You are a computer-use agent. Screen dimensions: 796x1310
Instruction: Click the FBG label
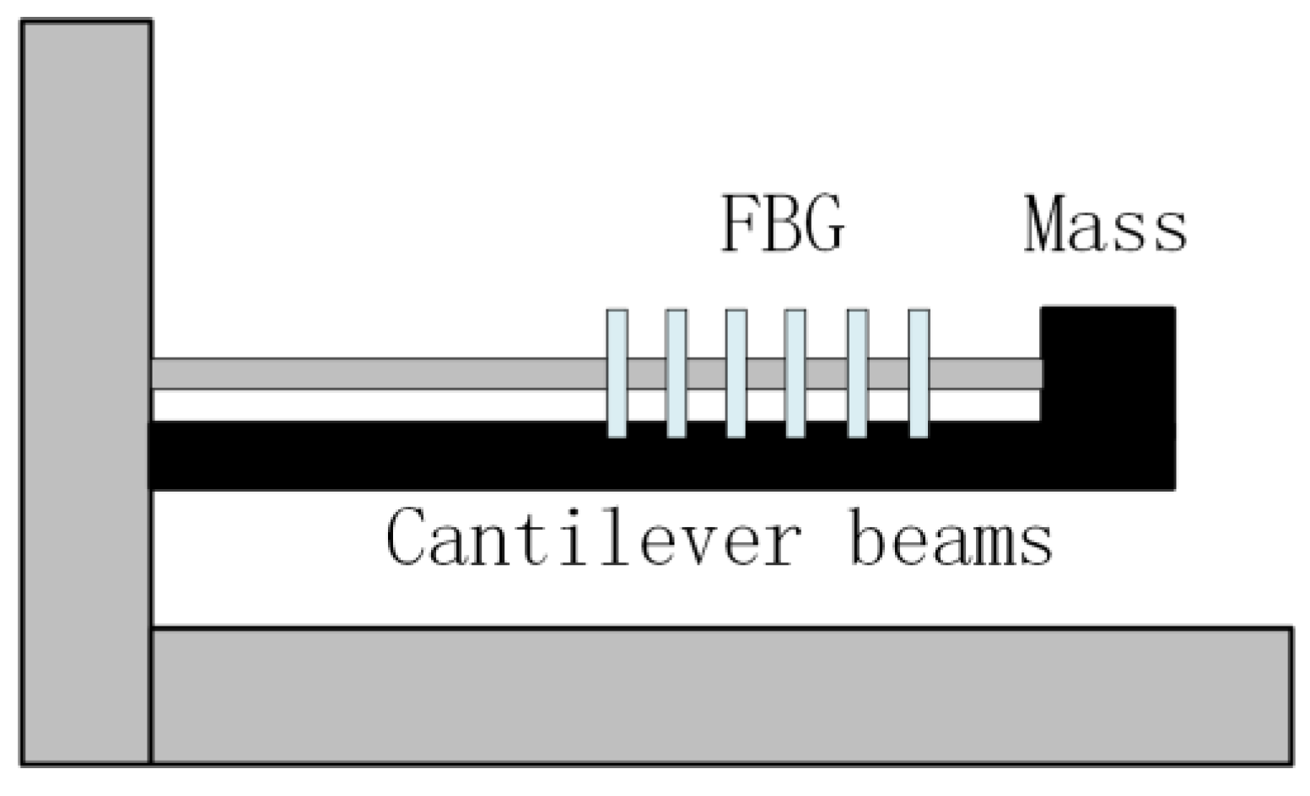(782, 224)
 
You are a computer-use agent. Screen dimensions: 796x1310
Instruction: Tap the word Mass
(1105, 225)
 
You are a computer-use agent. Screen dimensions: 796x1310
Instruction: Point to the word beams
(951, 537)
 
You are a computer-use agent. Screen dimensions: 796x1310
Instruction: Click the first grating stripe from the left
(617, 374)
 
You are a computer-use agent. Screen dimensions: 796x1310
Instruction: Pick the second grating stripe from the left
(677, 374)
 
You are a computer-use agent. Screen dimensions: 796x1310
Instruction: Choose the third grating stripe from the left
(736, 374)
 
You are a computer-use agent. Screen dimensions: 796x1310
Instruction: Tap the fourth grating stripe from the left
(795, 374)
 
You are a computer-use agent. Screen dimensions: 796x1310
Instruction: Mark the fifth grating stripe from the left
(858, 374)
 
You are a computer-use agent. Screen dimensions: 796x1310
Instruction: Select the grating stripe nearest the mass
(919, 374)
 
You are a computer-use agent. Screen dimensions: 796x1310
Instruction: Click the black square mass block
(1108, 363)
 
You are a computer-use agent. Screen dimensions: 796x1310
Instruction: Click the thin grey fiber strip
(380, 374)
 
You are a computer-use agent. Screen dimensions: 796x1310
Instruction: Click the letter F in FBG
(739, 224)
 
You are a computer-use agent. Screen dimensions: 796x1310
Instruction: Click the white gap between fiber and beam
(380, 406)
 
